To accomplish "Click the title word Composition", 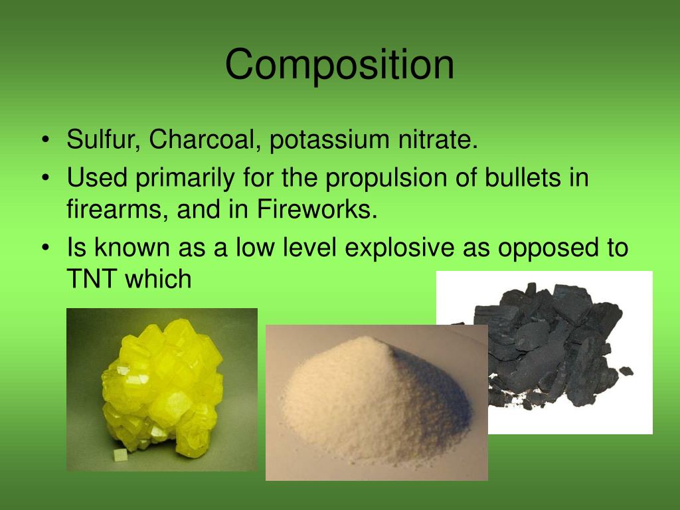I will point(339,66).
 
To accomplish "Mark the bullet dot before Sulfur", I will point(44,141).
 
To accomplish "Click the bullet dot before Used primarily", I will point(44,178).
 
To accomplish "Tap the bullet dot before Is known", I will point(44,248).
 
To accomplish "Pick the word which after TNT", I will point(161,279).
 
